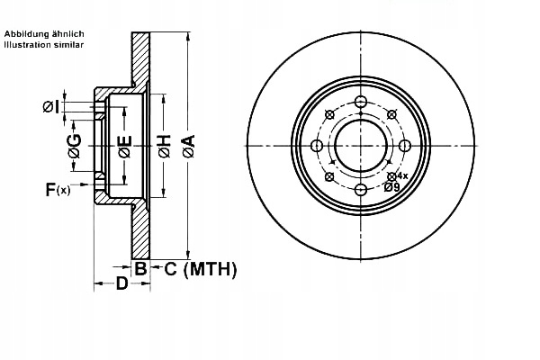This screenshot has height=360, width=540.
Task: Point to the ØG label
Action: [x=75, y=145]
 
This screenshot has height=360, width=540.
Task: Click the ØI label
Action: [x=51, y=108]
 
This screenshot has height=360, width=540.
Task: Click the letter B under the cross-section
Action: [x=140, y=268]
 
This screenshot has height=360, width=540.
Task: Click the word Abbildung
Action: [x=28, y=33]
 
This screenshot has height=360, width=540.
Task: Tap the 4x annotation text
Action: [x=401, y=175]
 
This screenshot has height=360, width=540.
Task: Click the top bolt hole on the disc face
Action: [x=360, y=102]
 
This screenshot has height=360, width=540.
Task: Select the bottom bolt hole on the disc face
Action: [x=360, y=189]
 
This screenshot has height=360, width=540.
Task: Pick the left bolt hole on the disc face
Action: [x=317, y=146]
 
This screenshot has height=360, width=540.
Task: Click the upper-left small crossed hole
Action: [x=329, y=115]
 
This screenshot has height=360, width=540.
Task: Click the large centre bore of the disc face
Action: [x=360, y=146]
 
